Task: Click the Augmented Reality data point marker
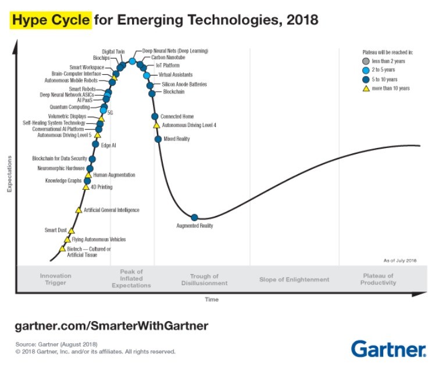pyautogui.click(x=195, y=218)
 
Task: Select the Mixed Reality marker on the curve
pyautogui.click(x=158, y=139)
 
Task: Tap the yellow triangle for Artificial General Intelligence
pyautogui.click(x=79, y=210)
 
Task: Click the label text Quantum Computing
pyautogui.click(x=70, y=107)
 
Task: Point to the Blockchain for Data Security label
pyautogui.click(x=60, y=159)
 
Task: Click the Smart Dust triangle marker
pyautogui.click(x=72, y=230)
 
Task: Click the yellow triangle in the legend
pyautogui.click(x=365, y=88)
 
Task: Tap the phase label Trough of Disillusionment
pyautogui.click(x=204, y=280)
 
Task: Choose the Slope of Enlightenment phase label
pyautogui.click(x=294, y=280)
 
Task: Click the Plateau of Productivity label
pyautogui.click(x=378, y=279)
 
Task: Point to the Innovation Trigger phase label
pyautogui.click(x=56, y=279)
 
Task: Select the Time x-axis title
pyautogui.click(x=211, y=300)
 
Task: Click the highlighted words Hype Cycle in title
pyautogui.click(x=51, y=21)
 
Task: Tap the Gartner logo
pyautogui.click(x=388, y=349)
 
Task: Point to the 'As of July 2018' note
pyautogui.click(x=400, y=261)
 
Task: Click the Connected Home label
pyautogui.click(x=177, y=116)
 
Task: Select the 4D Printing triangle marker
pyautogui.click(x=86, y=187)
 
